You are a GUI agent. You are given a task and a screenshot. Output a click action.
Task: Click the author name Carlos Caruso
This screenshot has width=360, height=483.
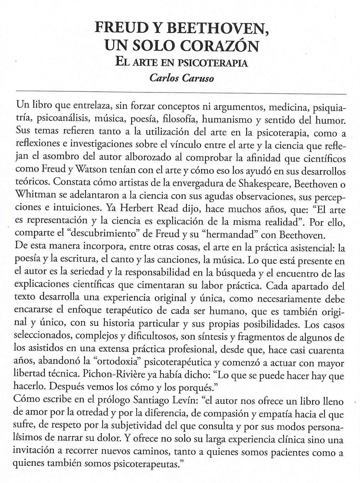[x=182, y=78]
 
